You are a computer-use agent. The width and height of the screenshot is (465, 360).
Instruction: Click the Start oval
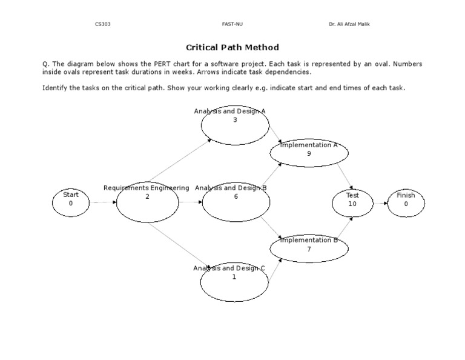71,202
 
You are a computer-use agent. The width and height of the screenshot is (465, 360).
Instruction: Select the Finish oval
406,203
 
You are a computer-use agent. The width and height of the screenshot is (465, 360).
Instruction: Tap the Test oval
352,203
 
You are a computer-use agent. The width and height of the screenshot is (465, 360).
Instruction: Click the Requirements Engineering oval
147,202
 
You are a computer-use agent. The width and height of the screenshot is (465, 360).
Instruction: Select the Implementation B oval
309,249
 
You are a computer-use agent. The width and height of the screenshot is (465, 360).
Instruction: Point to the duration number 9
309,154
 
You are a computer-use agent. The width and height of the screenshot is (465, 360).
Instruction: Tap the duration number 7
309,249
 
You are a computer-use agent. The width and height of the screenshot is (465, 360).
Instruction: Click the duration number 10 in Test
352,204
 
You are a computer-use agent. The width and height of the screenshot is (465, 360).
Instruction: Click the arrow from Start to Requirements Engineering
103,202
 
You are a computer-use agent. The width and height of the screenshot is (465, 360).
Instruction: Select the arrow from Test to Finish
380,203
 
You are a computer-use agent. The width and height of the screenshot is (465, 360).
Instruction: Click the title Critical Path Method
232,47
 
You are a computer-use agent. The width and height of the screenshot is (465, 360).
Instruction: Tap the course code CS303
103,24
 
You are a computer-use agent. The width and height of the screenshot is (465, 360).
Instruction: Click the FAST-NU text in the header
232,24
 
